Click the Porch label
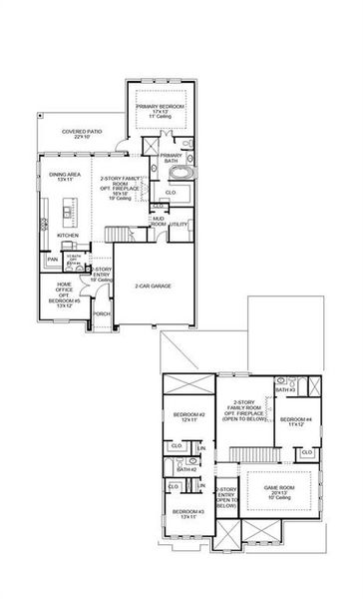point(102,313)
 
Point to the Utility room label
point(179,225)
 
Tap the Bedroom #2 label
point(189,416)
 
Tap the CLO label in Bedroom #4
point(306,451)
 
